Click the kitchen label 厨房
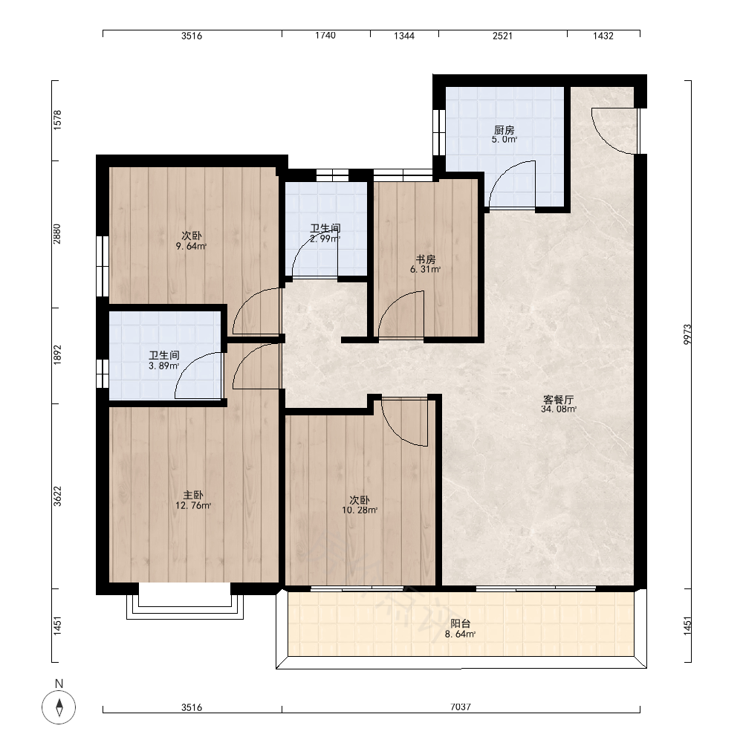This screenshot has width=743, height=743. pos(504,129)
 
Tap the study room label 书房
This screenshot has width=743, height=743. pos(425,259)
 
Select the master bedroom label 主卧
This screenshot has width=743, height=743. pos(193,495)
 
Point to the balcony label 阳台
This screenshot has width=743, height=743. pos(460,623)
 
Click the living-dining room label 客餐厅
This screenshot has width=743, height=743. pos(558,400)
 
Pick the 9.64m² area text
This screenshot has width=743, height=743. pos(191,246)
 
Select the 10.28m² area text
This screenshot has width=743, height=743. pos(360,510)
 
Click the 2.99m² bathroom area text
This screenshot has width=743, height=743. pos(325,239)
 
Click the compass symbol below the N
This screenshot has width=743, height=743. pos(59,707)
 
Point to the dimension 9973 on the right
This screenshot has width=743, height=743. pos(687,334)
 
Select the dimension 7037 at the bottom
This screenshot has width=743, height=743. pos(460,707)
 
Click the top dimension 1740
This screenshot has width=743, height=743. pos(325,36)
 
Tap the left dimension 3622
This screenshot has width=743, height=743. pos(57,496)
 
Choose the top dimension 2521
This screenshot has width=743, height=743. pos(502,36)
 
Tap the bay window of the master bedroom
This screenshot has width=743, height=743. pos(185,608)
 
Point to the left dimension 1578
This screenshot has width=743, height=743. pos(57,120)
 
